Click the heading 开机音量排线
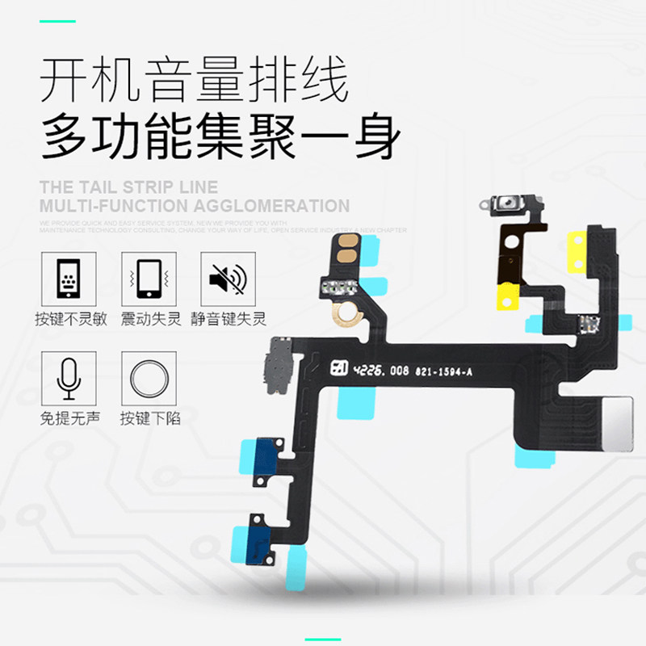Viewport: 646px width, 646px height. [194, 82]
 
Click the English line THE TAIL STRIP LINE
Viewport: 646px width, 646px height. [128, 187]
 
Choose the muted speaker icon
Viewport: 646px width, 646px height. [227, 279]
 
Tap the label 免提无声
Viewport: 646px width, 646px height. [69, 418]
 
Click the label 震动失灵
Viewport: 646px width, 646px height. [150, 319]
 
